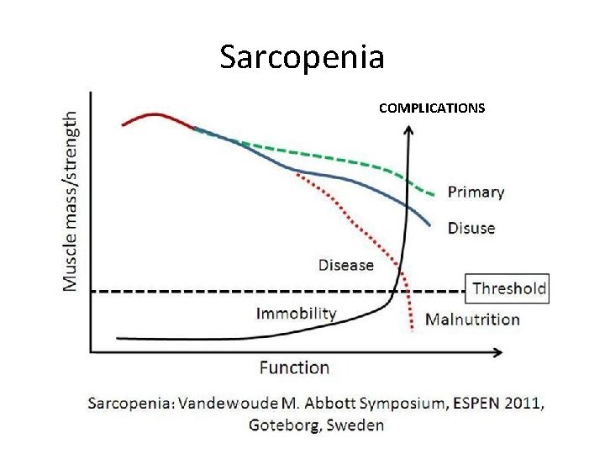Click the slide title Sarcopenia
(302, 57)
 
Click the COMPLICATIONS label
(431, 108)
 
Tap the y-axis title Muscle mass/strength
(74, 202)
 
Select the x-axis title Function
(294, 367)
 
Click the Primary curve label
(476, 192)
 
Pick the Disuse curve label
(471, 228)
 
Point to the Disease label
(345, 265)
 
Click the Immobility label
(296, 314)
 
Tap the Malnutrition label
(472, 319)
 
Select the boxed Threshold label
(508, 289)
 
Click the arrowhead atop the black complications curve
(409, 130)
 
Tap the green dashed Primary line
(336, 157)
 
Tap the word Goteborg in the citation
(283, 425)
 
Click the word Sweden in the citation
(355, 425)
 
